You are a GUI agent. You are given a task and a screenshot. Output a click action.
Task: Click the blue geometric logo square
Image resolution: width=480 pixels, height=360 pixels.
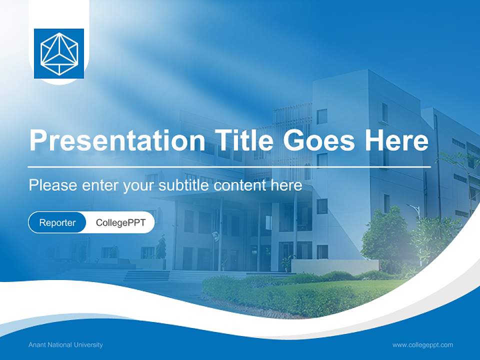[x=59, y=53]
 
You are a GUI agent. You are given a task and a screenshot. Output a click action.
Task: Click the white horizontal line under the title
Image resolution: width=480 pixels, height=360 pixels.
[x=229, y=166]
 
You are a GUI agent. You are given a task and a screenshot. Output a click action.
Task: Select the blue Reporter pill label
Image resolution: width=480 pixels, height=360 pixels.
[x=57, y=222]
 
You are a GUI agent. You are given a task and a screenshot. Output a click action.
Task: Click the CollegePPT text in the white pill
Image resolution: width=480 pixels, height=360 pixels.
[x=120, y=222]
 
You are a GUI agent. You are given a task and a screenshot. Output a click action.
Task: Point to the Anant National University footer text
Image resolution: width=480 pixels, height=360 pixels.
[x=65, y=345]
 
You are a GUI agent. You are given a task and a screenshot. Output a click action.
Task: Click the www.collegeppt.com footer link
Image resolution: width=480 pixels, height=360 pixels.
[x=422, y=345]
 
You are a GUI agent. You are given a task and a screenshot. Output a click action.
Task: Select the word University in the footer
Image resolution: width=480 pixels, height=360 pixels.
[x=87, y=345]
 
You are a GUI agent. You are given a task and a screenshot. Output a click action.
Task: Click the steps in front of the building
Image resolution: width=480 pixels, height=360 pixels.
[x=147, y=275]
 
